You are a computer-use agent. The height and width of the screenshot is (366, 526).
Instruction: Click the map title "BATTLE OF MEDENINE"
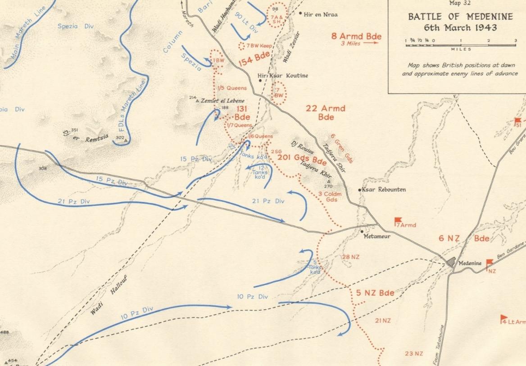click(454, 17)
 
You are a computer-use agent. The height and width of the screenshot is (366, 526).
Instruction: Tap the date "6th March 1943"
click(454, 27)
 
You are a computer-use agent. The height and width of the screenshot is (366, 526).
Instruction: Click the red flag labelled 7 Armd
click(398, 221)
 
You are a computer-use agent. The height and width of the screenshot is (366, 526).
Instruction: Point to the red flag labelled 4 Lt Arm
click(504, 319)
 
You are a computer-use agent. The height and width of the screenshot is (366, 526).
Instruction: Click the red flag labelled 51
click(518, 121)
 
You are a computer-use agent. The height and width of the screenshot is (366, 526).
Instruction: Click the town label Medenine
click(471, 263)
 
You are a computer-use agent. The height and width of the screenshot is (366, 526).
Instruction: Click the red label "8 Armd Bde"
click(356, 36)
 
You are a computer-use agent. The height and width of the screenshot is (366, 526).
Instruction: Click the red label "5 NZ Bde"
click(375, 293)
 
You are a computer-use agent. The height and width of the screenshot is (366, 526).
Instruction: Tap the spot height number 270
click(327, 186)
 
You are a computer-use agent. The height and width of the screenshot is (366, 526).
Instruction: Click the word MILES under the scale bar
click(461, 49)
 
